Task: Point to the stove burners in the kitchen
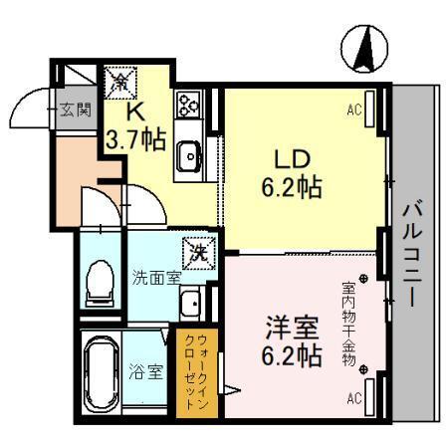click(x=188, y=104)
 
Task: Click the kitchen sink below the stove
click(x=188, y=154)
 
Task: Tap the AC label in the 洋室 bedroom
click(x=354, y=399)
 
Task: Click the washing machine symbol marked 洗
click(x=198, y=253)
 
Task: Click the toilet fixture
click(x=100, y=281)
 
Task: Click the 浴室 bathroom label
click(x=146, y=373)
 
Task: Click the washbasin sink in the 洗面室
click(x=189, y=303)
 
